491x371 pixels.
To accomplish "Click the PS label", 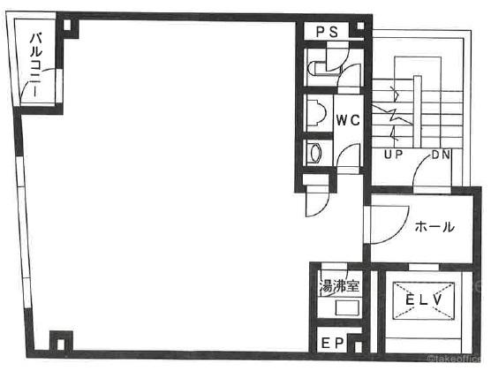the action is coord(328,32).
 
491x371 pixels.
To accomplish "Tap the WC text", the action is coord(348,120).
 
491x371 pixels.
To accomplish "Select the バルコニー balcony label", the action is coord(35,65).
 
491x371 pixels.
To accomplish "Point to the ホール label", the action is coord(434,226).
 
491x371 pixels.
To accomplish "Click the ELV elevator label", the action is coord(423,300).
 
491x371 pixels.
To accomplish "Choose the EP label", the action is coord(333,344).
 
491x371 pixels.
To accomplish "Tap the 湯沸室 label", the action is coord(339,286).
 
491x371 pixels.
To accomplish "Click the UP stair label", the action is coord(393,155).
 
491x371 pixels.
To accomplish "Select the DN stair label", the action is coord(441,155).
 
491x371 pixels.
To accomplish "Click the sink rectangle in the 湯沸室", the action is coord(347,308).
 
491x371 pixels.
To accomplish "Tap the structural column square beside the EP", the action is coord(359,346).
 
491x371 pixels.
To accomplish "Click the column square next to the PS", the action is coord(360,26).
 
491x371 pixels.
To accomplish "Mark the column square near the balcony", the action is coord(67,26).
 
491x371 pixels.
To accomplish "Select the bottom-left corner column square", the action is coord(61,344).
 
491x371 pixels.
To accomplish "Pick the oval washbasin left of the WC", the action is coord(315,153).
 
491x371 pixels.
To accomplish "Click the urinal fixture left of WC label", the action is coord(317,112).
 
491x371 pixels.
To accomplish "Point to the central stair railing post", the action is coord(417,112).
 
